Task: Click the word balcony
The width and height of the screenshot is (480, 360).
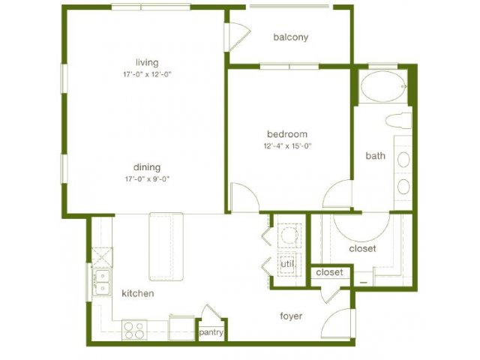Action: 290,37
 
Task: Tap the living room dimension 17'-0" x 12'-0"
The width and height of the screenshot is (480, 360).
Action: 147,74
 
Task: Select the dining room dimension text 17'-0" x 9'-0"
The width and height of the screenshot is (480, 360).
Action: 147,179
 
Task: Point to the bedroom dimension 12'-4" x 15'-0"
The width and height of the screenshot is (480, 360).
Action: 287,146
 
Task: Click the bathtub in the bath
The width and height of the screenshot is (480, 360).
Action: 383,86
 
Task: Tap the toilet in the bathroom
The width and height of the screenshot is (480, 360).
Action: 398,121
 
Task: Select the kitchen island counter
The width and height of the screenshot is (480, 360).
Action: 166,247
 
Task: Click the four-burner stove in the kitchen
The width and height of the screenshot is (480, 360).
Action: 134,330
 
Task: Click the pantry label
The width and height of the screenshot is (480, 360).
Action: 211,332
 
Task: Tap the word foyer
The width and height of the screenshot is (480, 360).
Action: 291,316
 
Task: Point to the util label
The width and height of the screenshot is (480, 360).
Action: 287,263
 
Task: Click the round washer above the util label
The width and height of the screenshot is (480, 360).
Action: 289,235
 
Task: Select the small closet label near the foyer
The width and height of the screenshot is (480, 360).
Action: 330,272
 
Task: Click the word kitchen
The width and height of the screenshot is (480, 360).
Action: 138,293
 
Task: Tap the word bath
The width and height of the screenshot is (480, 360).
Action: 375,156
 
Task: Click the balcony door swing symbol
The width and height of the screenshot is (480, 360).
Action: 238,37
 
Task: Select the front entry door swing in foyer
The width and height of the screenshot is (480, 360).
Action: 339,323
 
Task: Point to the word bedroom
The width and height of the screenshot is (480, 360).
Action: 287,134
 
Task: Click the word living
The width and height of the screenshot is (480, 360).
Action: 147,63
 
